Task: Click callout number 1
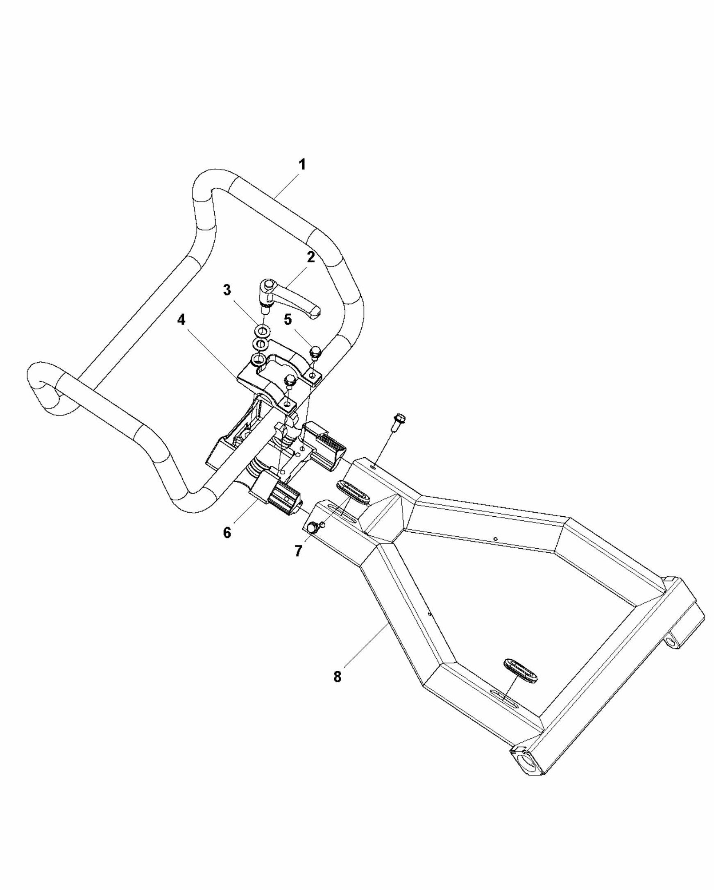click(302, 165)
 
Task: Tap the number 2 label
click(311, 257)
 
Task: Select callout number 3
click(227, 290)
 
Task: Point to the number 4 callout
click(181, 320)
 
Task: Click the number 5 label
click(288, 320)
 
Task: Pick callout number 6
click(227, 533)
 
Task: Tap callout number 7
click(298, 551)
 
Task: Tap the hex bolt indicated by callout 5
click(315, 352)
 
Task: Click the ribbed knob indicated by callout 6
click(284, 501)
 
